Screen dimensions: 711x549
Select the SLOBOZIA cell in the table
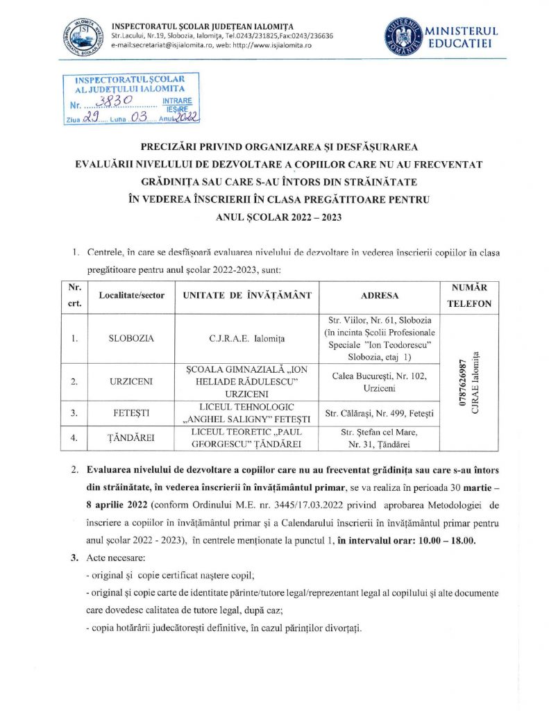pyautogui.click(x=131, y=339)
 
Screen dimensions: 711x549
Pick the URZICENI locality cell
pyautogui.click(x=131, y=382)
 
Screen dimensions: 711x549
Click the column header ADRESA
pyautogui.click(x=380, y=295)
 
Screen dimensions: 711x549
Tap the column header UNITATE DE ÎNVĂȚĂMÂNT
pyautogui.click(x=247, y=295)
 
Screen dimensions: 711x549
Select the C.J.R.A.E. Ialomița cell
pyautogui.click(x=247, y=339)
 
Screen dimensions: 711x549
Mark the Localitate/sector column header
pyautogui.click(x=132, y=295)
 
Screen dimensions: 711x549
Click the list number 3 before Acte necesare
pyautogui.click(x=75, y=558)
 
